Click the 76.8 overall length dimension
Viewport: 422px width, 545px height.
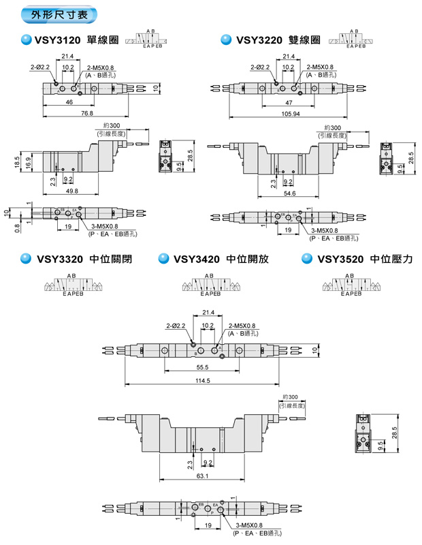point(86,113)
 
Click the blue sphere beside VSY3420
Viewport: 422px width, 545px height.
point(163,259)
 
